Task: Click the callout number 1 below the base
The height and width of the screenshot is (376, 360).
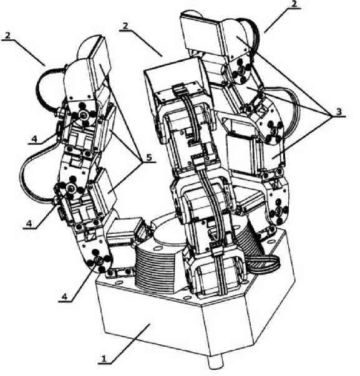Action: click(x=104, y=359)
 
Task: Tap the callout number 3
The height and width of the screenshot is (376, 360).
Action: click(x=338, y=112)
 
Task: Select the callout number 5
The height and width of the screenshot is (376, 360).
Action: click(x=148, y=158)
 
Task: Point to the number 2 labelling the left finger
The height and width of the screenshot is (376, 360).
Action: click(x=7, y=36)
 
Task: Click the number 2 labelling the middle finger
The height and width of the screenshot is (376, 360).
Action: click(x=125, y=26)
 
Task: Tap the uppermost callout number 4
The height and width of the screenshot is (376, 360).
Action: click(x=35, y=139)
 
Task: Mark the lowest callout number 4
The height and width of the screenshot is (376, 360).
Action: click(x=64, y=297)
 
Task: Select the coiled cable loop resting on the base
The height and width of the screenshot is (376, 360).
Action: click(x=264, y=264)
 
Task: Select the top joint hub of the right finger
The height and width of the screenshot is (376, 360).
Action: click(x=241, y=70)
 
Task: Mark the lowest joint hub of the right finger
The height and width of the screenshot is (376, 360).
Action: click(x=278, y=211)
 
